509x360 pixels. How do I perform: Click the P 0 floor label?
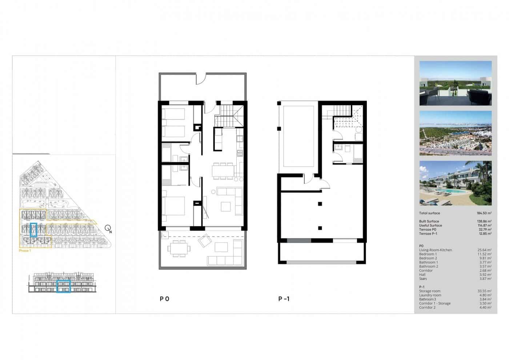[164, 299]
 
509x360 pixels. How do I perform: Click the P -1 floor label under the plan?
[284, 299]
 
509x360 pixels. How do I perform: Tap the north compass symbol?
[108, 228]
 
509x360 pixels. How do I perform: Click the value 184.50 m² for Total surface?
[484, 213]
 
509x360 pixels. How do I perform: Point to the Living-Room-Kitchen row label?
[436, 250]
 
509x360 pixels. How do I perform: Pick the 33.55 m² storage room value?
[484, 291]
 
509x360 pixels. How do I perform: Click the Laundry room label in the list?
[430, 295]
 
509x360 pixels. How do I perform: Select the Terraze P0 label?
[428, 230]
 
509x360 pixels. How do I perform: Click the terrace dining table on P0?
[178, 250]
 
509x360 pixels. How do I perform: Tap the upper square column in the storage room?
[320, 204]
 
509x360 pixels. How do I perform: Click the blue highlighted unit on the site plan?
[34, 230]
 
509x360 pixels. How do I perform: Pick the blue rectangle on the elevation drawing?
[64, 286]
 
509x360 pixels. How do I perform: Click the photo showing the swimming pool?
[455, 183]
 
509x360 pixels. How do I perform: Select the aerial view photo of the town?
[455, 133]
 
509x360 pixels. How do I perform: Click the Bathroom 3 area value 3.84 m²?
[484, 299]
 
